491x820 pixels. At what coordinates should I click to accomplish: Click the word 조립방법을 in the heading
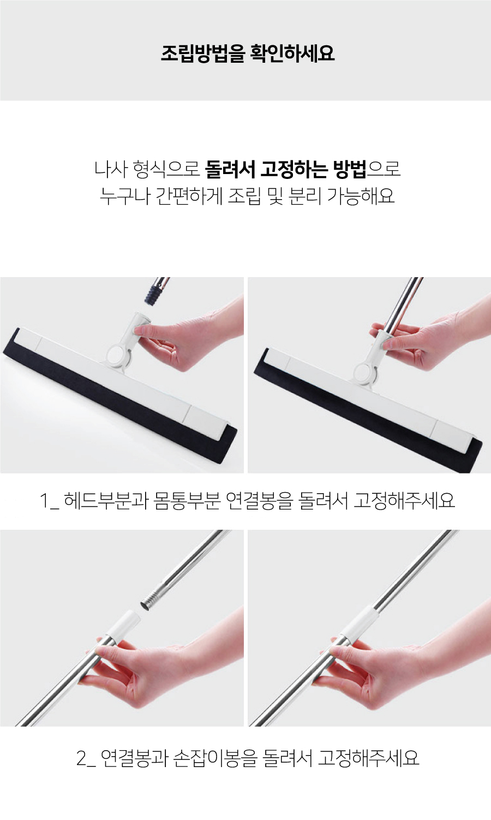tap(203, 53)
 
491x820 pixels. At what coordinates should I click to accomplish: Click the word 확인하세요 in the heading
tap(292, 53)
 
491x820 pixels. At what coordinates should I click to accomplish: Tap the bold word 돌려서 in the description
tap(230, 169)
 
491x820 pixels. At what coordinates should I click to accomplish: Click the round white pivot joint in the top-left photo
tap(117, 355)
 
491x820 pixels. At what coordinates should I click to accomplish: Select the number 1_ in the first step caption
tap(49, 500)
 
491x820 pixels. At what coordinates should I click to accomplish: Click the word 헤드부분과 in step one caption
tap(105, 500)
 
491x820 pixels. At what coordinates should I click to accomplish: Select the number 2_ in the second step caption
tap(86, 758)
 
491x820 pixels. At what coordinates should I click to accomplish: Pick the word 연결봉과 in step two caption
tap(134, 758)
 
